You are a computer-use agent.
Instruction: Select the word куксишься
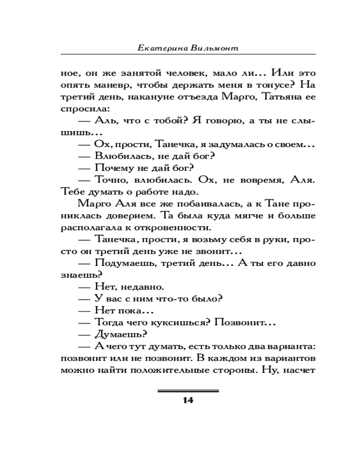tap(178, 322)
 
